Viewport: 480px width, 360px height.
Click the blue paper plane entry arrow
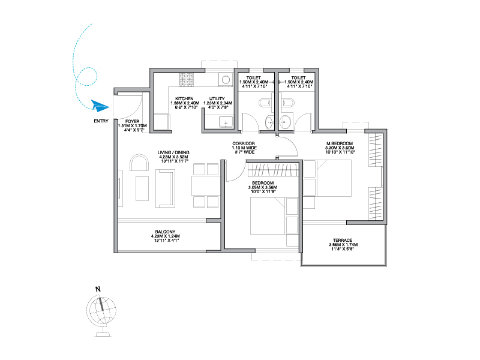[100, 106]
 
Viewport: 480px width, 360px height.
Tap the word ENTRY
[101, 121]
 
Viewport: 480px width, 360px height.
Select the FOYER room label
[132, 122]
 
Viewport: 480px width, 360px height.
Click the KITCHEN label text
[184, 99]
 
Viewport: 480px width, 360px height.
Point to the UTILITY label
[217, 99]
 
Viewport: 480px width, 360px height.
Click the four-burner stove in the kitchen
[186, 80]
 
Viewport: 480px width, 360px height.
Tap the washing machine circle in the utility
[226, 80]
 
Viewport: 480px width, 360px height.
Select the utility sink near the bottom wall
[226, 122]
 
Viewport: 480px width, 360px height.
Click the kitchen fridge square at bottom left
[161, 122]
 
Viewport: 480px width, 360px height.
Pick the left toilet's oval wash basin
[269, 123]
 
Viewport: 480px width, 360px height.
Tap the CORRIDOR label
[244, 143]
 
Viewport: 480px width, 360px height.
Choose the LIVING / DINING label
[173, 152]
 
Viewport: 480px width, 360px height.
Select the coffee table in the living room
[142, 188]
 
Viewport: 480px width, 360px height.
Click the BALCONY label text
[166, 232]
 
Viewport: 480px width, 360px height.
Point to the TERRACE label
[343, 241]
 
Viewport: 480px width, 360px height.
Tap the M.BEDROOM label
[340, 143]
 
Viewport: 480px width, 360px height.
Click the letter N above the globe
[98, 289]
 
